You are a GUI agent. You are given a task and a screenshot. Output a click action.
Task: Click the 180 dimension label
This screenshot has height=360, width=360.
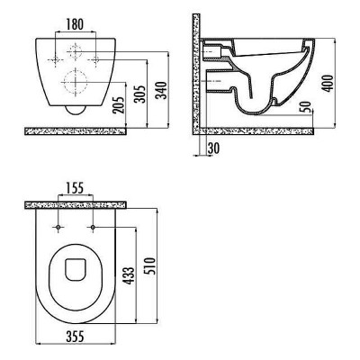pyautogui.click(x=75, y=24)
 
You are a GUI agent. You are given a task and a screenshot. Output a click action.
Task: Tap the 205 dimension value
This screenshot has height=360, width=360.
pyautogui.click(x=119, y=105)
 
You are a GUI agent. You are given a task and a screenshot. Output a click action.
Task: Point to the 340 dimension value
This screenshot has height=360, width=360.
pyautogui.click(x=162, y=90)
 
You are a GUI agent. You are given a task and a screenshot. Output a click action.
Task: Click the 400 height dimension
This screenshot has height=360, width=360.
pyautogui.click(x=329, y=83)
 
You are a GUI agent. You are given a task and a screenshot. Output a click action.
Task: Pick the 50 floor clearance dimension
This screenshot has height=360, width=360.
pyautogui.click(x=307, y=106)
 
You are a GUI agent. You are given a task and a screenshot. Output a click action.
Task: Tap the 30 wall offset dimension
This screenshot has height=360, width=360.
pyautogui.click(x=213, y=148)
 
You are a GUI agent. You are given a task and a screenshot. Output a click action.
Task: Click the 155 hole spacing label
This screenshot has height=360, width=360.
pyautogui.click(x=75, y=188)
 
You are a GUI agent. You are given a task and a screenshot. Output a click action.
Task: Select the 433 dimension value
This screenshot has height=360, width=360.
pyautogui.click(x=130, y=275)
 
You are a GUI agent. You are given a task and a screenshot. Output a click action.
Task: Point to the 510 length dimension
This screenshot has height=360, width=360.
pyautogui.click(x=151, y=266)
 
